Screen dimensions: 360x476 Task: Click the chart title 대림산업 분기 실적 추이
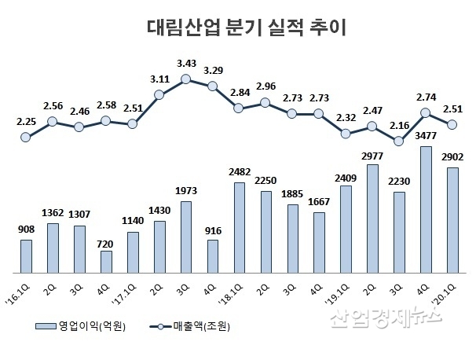pos(237,28)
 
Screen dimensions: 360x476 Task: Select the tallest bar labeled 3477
pos(426,208)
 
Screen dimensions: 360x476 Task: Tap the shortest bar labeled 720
pos(106,260)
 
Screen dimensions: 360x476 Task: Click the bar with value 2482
pos(240,226)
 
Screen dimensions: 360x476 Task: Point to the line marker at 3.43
pos(186,79)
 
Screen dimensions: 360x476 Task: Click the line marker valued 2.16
pos(399,141)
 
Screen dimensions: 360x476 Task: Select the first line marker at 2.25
pos(26,137)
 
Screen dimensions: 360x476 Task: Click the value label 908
pos(26,231)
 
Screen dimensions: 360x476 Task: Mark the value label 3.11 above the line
pos(159,79)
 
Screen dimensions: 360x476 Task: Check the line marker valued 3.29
pos(213,86)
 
